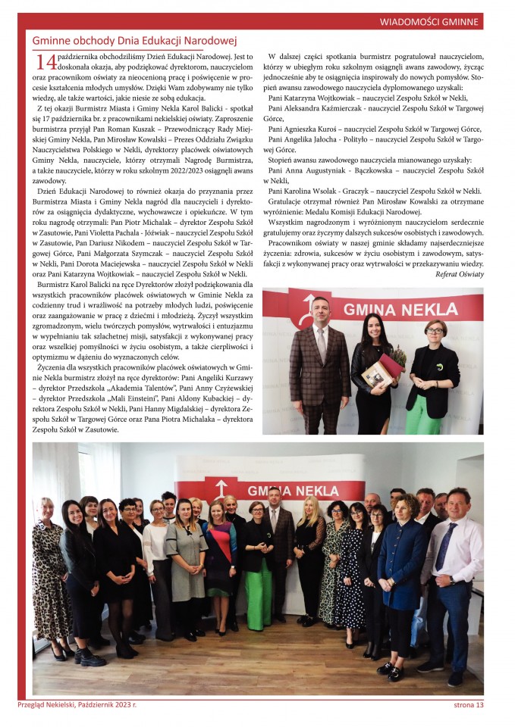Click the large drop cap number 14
pyautogui.click(x=45, y=63)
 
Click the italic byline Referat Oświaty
pyautogui.click(x=459, y=273)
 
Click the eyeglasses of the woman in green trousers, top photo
pyautogui.click(x=435, y=329)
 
